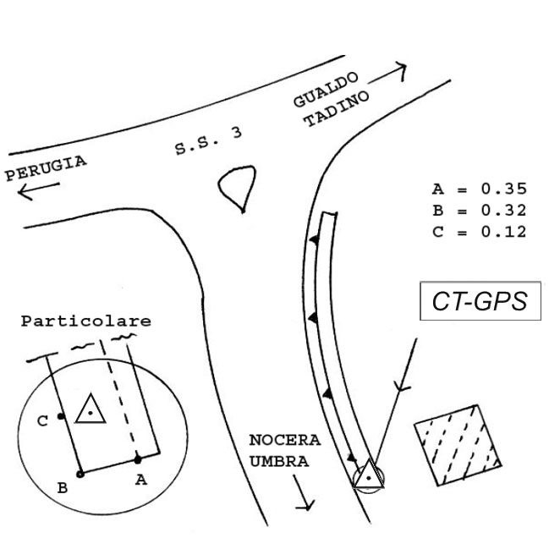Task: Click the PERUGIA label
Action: [x=46, y=167]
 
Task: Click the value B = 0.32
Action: [x=479, y=210]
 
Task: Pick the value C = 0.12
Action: [x=479, y=230]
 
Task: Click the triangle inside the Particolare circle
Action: [x=89, y=411]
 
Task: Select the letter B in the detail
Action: [x=63, y=488]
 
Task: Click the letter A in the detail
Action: [x=141, y=480]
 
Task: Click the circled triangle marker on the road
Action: [x=368, y=477]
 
